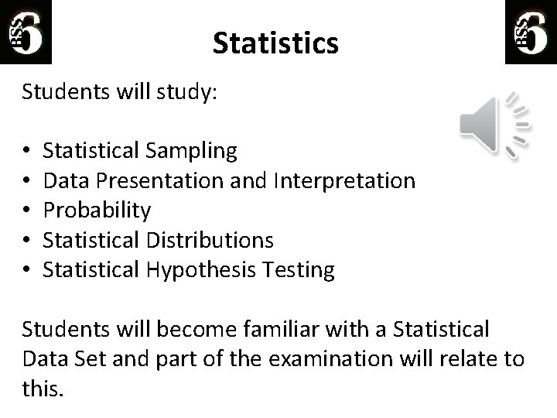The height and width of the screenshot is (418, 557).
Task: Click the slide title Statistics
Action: coord(275,43)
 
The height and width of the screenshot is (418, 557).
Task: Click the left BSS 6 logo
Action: coord(27,31)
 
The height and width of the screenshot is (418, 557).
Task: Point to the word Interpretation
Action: coord(344,180)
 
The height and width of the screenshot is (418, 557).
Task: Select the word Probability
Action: coord(97,211)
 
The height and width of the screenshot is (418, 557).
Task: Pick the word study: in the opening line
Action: coord(190,93)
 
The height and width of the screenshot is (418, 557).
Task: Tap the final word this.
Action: coord(40,389)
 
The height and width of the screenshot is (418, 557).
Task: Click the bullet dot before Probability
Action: coord(26,211)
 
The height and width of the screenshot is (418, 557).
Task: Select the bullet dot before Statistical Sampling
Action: coord(26,150)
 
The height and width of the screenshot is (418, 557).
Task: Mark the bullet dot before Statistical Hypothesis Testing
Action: coord(26,270)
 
